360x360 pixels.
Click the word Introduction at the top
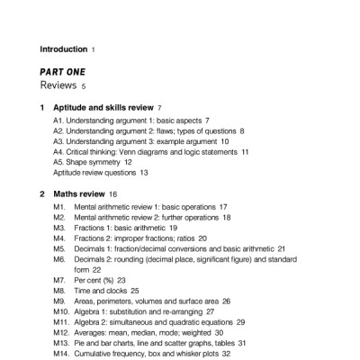point(64,49)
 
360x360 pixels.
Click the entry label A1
point(58,120)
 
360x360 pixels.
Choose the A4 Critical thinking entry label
point(58,152)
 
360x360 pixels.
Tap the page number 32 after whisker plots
point(227,355)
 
